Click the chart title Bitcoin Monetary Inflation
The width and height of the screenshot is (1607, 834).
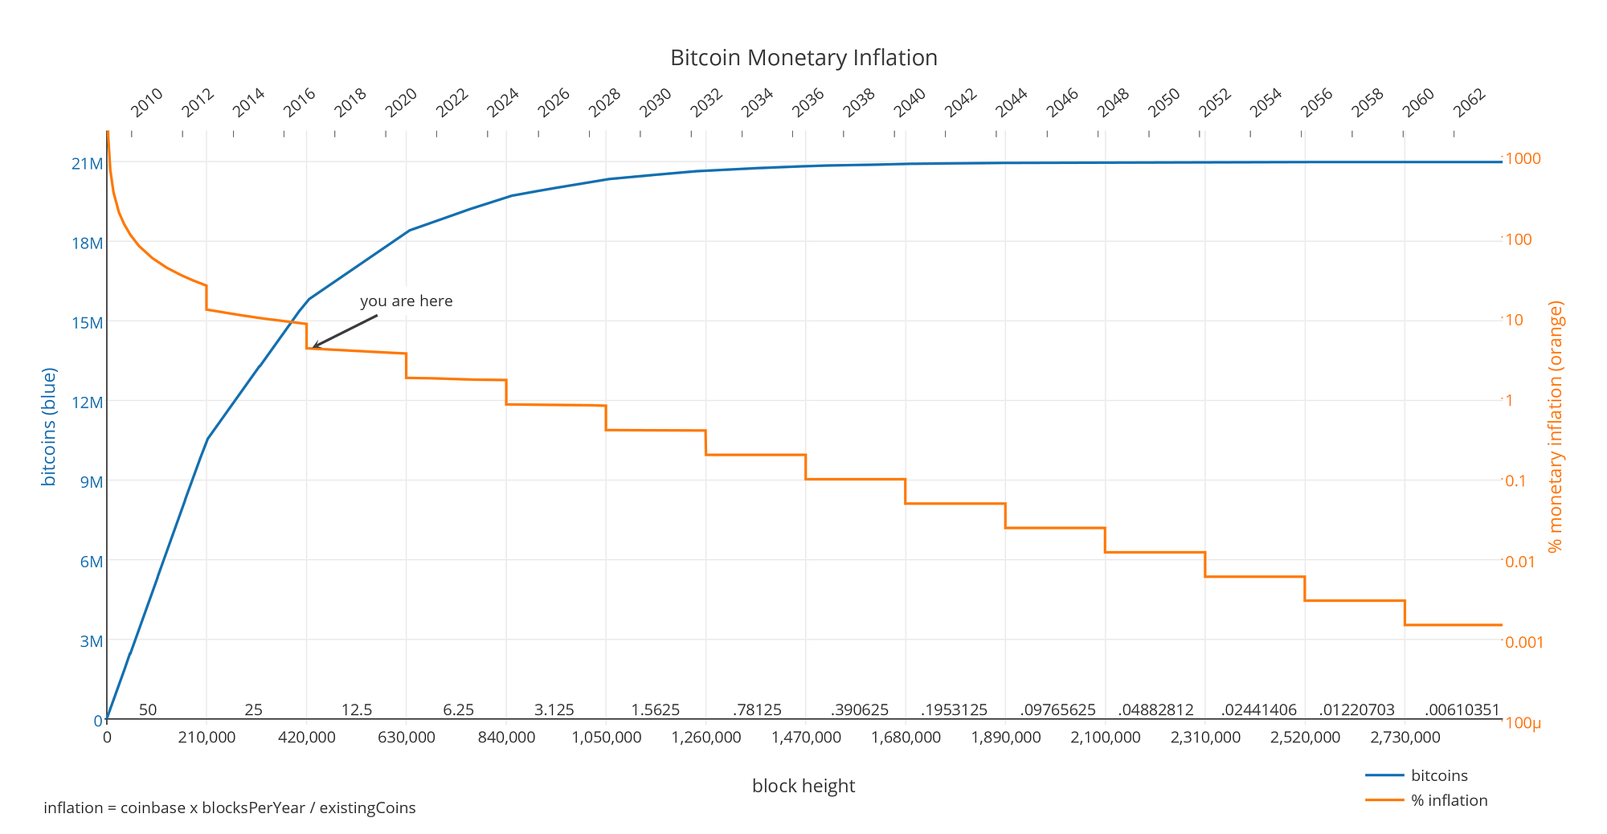coord(803,58)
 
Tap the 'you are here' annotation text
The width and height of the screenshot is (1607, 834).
coord(406,301)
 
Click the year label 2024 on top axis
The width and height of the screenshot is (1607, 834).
coord(503,102)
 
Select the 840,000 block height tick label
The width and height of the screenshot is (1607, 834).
coord(505,737)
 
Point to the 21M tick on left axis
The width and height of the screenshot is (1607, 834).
coord(88,164)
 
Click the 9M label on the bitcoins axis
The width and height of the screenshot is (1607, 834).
coord(91,482)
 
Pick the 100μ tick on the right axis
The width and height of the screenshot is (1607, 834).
coord(1523,723)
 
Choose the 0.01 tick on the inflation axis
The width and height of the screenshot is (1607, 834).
coord(1519,561)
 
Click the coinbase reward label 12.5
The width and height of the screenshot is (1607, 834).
coord(357,710)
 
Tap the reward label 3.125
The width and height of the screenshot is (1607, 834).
coord(554,710)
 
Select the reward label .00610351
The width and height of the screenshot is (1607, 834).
coord(1462,710)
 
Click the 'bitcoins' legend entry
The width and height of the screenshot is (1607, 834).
coord(1439,775)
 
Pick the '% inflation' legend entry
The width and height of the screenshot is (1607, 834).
coord(1449,800)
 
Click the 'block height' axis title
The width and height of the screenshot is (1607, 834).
coord(803,786)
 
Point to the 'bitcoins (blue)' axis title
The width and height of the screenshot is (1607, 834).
coord(49,427)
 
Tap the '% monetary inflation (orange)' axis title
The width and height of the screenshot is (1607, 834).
coord(1556,427)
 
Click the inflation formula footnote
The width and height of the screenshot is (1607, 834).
coord(230,807)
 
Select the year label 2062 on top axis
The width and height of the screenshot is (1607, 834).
coord(1470,102)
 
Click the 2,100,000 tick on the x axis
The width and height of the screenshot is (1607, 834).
coord(1105,737)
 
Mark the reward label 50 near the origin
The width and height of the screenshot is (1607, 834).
coord(148,710)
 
